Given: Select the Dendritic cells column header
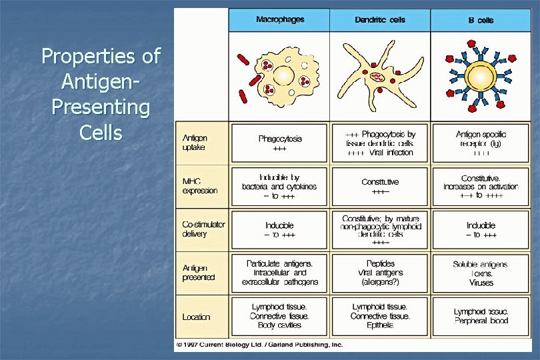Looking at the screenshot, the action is click(x=379, y=19).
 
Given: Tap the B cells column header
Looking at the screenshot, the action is click(x=481, y=20).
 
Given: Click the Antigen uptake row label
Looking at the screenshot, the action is click(x=195, y=143).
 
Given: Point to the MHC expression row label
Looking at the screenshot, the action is click(x=200, y=186).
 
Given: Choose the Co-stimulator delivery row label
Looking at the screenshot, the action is click(x=203, y=229).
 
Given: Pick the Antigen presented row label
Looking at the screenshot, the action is click(x=199, y=272).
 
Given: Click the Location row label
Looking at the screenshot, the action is click(x=196, y=317).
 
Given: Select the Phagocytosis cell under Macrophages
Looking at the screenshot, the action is click(x=280, y=143).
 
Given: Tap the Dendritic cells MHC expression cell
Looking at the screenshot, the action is click(x=380, y=186).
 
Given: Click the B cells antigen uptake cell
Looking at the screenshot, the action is click(x=481, y=143).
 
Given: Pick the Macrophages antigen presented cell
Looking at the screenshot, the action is click(x=280, y=273).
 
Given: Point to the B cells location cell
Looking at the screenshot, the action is click(x=481, y=316).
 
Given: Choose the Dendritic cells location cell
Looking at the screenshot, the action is click(x=380, y=316).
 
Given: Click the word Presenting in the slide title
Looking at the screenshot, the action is click(x=101, y=107).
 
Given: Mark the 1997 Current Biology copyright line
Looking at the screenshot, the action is click(x=259, y=345).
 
